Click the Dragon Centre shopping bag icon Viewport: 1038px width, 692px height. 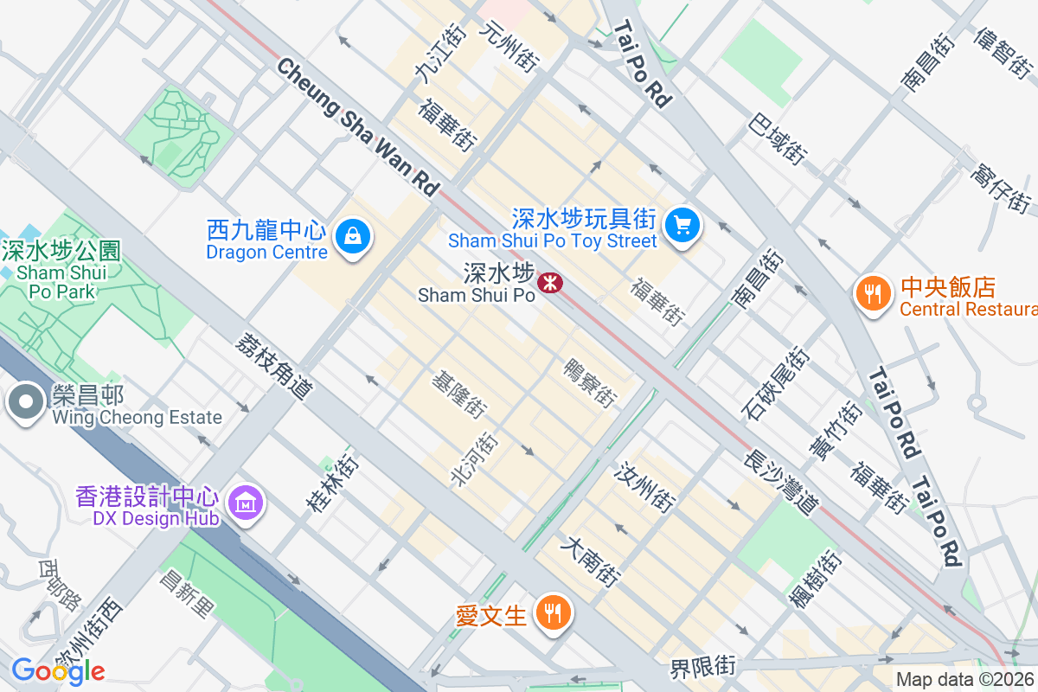tap(353, 234)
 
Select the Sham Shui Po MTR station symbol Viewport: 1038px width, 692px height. tap(548, 282)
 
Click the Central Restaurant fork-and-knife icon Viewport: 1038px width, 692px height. tap(874, 294)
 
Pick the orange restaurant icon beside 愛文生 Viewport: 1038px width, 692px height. tap(551, 613)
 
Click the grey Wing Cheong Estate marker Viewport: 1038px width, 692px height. tap(26, 402)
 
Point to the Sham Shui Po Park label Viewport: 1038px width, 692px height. tap(61, 271)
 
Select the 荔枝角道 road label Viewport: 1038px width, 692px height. tap(272, 367)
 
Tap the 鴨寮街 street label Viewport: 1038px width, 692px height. tap(589, 383)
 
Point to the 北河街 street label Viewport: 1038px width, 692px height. tap(475, 458)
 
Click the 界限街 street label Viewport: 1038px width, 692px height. tap(702, 667)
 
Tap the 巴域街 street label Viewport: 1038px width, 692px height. tap(778, 138)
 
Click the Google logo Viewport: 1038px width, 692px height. tap(58, 670)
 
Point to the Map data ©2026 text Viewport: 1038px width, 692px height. tap(964, 680)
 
